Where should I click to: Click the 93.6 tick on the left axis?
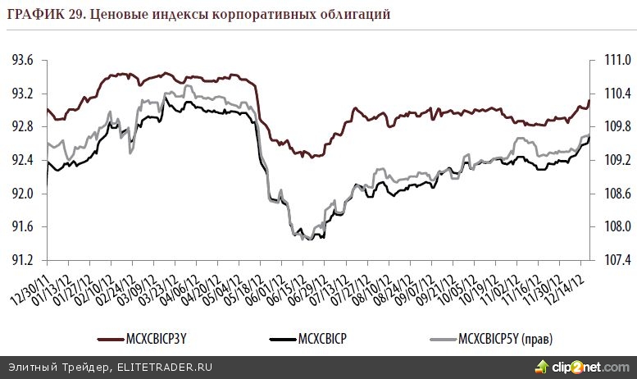pos(23,61)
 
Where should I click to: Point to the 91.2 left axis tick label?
pos(23,261)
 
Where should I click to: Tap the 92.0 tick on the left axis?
pos(23,194)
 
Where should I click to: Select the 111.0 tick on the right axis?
pos(615,61)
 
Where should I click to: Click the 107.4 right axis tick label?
pos(615,261)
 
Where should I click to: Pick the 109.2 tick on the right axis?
pos(615,161)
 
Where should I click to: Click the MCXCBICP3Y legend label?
pos(161,338)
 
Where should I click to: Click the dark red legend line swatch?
pos(109,338)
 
